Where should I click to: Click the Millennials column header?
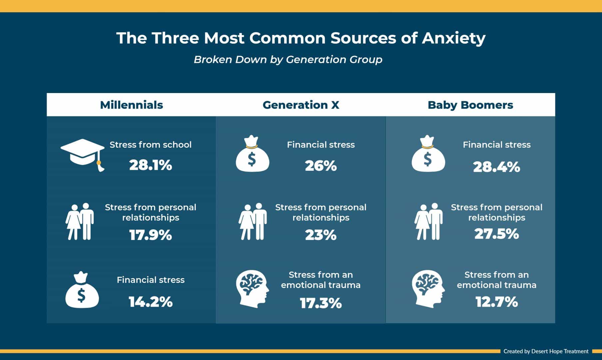pyautogui.click(x=131, y=105)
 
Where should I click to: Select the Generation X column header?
pyautogui.click(x=301, y=105)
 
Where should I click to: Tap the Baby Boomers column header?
pyautogui.click(x=470, y=105)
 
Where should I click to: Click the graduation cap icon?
pyautogui.click(x=83, y=155)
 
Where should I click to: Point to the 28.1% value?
pyautogui.click(x=151, y=165)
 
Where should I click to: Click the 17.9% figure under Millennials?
pyautogui.click(x=151, y=235)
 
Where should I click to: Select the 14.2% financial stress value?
pyautogui.click(x=151, y=302)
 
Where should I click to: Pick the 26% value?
pyautogui.click(x=321, y=166)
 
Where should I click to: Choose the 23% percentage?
pyautogui.click(x=321, y=235)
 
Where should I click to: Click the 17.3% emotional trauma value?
pyautogui.click(x=321, y=303)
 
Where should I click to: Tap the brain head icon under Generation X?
pyautogui.click(x=253, y=289)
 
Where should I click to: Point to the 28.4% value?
pyautogui.click(x=496, y=167)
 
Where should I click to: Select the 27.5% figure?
pyautogui.click(x=496, y=234)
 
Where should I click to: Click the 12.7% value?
pyautogui.click(x=496, y=302)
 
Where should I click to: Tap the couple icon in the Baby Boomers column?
pyautogui.click(x=428, y=221)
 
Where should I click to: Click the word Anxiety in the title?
pyautogui.click(x=454, y=38)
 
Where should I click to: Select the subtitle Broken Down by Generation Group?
pyautogui.click(x=288, y=60)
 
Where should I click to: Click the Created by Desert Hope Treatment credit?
pyautogui.click(x=546, y=351)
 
